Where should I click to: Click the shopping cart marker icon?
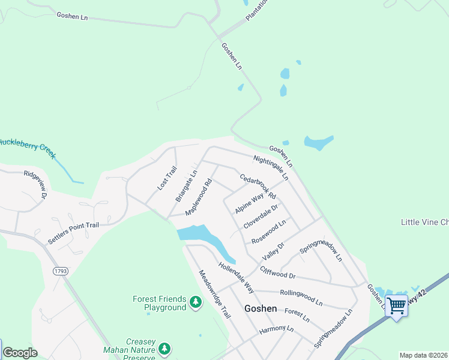(x=396, y=306)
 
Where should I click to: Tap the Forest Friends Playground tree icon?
(x=196, y=302)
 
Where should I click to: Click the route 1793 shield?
(x=61, y=271)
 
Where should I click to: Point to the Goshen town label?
(x=261, y=308)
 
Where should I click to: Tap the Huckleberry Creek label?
(x=27, y=146)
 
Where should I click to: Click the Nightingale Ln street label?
(x=271, y=168)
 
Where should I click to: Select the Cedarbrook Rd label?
(x=258, y=187)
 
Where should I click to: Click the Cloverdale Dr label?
(x=261, y=217)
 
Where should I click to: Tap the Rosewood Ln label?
(x=268, y=232)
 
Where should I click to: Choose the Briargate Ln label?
(x=186, y=186)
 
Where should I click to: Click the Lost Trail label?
(x=167, y=180)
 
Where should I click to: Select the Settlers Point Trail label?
(x=73, y=233)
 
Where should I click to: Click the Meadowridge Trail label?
(x=214, y=293)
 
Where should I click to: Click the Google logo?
(x=20, y=353)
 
